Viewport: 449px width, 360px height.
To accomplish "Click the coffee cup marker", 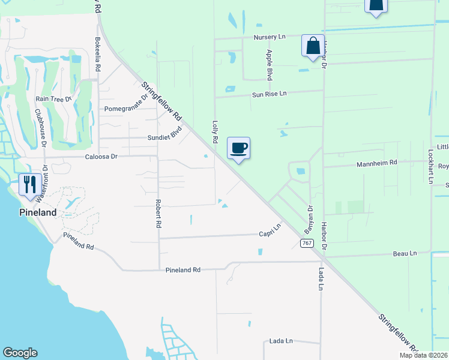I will coord(238,148).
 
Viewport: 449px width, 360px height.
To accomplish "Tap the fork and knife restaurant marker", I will coord(29,184).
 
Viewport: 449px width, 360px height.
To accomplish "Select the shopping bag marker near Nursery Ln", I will coord(313,46).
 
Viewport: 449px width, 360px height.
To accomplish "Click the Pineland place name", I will coord(37,212).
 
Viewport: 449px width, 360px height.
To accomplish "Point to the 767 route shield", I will coord(306,242).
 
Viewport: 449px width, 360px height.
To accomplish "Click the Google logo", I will coord(20,353).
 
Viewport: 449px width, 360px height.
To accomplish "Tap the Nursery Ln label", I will coord(270,37).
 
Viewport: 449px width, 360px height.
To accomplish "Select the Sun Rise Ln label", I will coord(270,94).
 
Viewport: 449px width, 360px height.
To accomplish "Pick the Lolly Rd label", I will coord(215,131).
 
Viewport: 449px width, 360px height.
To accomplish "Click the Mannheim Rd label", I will coord(377,163).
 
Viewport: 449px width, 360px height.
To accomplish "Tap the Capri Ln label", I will coord(270,231).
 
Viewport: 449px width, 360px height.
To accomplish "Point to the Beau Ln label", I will coord(405,254).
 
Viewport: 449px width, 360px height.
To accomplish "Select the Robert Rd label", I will coord(158,213).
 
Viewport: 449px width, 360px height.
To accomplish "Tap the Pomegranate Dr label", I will coord(126,104).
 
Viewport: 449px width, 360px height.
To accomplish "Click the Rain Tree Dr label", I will coord(53,98).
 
